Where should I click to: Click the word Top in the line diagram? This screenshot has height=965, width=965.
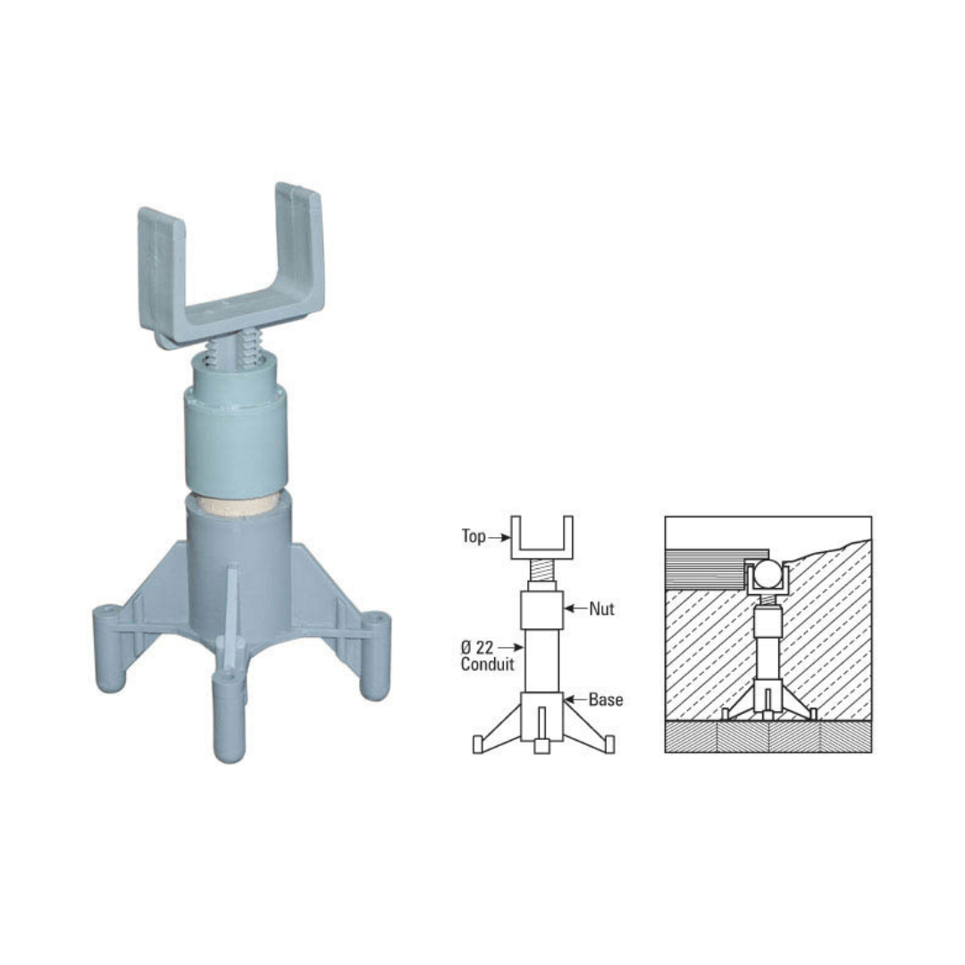point(474,537)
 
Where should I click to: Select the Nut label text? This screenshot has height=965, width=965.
point(601,609)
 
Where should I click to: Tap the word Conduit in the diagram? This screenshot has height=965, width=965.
point(487,665)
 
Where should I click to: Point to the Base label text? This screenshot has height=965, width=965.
point(606,700)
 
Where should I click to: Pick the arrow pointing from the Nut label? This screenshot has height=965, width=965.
point(575,609)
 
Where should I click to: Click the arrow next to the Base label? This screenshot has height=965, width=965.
point(575,700)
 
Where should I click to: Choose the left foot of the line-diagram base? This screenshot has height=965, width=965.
point(478,744)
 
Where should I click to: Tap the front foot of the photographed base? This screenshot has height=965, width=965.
point(230,719)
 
